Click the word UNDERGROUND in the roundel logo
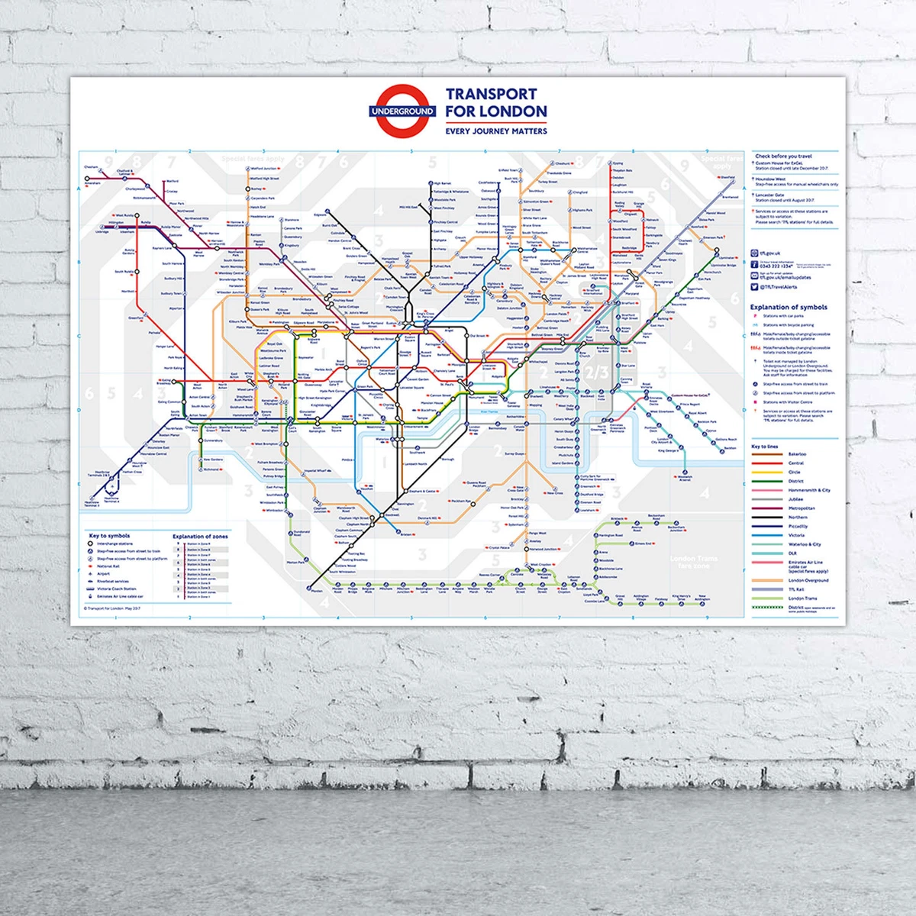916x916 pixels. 402,111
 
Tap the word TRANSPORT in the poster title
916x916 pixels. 491,94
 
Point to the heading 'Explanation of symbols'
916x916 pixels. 789,307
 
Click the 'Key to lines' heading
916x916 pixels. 764,447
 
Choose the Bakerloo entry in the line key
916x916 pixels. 796,454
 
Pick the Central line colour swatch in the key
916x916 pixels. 767,463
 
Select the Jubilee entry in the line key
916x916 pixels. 796,499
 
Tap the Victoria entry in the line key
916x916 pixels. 796,535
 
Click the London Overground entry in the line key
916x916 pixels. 808,580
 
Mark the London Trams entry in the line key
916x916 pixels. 802,598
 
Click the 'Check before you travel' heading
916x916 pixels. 783,156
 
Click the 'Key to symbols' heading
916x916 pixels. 109,536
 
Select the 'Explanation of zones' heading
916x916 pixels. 200,536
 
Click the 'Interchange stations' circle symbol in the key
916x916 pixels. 91,544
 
